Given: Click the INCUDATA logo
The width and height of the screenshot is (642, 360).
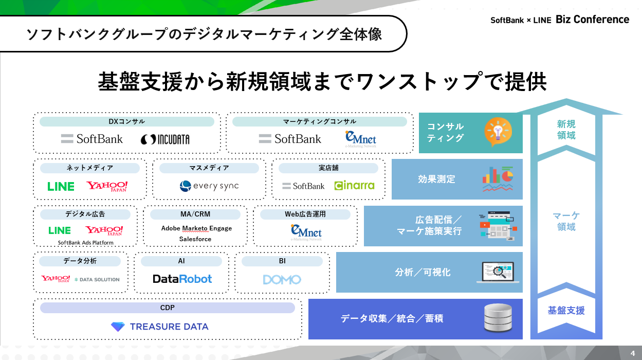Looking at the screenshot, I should click(165, 139).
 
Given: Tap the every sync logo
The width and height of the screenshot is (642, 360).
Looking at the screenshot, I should click(209, 186).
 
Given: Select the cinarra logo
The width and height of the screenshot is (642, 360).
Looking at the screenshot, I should click(354, 186).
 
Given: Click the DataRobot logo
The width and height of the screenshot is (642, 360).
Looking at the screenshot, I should click(182, 279).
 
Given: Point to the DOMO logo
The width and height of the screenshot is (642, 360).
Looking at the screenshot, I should click(282, 279).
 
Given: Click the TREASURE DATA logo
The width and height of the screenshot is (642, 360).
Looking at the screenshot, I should click(159, 327).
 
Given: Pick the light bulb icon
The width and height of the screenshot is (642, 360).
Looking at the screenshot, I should click(498, 132).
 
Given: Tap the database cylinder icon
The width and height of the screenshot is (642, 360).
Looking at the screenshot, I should click(498, 318).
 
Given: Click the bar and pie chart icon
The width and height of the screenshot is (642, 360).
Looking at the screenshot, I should click(498, 179).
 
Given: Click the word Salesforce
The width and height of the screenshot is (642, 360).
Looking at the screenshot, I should click(195, 239).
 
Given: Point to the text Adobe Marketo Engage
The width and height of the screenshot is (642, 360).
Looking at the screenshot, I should click(196, 228).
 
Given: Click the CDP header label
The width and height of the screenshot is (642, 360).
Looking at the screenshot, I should click(168, 308).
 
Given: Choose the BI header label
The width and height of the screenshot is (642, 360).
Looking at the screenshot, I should click(282, 261).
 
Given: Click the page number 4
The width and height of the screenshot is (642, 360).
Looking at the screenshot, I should click(633, 353).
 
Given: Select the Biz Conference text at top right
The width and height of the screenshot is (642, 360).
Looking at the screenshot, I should click(593, 20).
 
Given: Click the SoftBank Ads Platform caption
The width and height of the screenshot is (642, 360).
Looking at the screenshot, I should click(85, 243).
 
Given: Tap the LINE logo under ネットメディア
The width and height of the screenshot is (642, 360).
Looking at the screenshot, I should click(61, 186).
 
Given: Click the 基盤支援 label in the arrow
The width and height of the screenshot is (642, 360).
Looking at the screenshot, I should click(566, 311).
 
